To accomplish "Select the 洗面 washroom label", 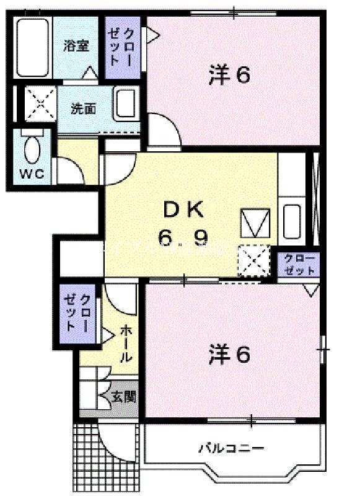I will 82,108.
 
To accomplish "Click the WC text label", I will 31,174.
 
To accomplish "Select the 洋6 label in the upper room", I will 229,75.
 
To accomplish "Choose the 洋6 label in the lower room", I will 229,355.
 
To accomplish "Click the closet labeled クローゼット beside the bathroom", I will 122,47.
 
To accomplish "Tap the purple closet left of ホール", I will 77,312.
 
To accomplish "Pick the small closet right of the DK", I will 300,264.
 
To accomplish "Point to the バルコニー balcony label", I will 231,448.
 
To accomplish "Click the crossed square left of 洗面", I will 40,104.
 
